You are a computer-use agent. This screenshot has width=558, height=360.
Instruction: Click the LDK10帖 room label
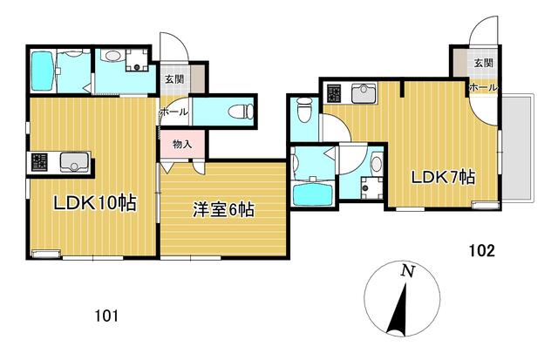(95, 203)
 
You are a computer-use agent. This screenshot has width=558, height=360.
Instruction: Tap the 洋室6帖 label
(223, 209)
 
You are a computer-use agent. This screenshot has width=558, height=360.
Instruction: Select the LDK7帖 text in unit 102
(444, 177)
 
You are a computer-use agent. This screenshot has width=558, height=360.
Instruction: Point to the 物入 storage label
(182, 144)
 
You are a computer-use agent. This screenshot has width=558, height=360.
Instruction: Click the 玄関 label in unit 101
(174, 78)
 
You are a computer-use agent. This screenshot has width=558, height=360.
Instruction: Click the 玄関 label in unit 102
(484, 63)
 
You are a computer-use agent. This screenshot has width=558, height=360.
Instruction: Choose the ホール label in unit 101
(174, 112)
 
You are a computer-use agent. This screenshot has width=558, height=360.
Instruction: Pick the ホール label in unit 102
(484, 87)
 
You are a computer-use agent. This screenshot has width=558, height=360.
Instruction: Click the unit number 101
(106, 316)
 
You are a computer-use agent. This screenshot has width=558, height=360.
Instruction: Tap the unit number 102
(481, 251)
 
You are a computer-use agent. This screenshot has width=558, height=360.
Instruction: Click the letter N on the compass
(407, 272)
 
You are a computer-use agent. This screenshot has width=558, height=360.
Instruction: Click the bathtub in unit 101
(43, 71)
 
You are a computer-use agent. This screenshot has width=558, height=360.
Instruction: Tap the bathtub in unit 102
(313, 193)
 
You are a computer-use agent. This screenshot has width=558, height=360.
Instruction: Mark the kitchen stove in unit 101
(39, 162)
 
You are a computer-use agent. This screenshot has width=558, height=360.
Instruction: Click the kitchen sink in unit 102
(364, 93)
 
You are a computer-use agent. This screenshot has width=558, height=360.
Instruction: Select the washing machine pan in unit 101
(136, 59)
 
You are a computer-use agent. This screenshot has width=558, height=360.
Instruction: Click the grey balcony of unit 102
(518, 148)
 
